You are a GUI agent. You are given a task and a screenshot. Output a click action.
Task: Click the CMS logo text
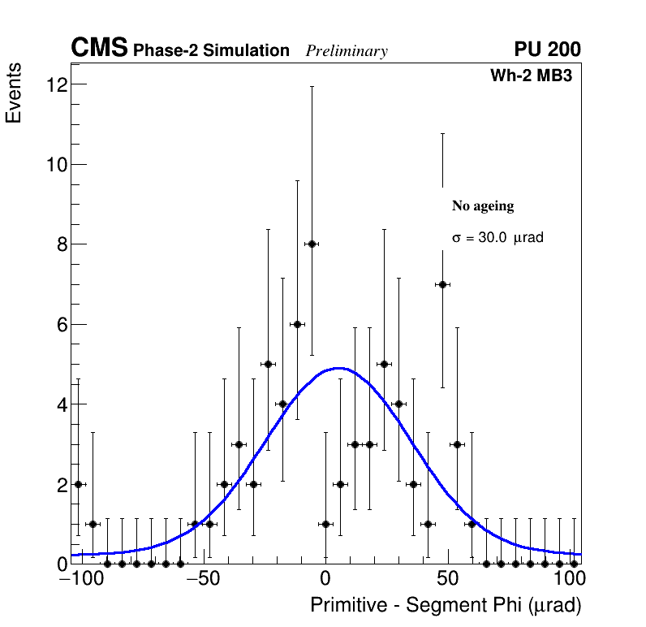99,49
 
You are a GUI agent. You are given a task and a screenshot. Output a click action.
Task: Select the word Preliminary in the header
347,51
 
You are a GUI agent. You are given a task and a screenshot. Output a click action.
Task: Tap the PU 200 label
547,50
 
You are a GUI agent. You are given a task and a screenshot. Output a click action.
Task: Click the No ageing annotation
483,206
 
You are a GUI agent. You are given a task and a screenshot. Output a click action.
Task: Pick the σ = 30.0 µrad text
497,238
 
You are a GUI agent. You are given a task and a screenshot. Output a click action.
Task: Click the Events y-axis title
14,93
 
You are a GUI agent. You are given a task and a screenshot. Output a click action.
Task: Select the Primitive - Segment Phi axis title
446,605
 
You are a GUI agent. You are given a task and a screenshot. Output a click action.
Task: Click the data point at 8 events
312,244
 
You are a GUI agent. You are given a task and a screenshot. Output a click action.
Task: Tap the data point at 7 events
442,284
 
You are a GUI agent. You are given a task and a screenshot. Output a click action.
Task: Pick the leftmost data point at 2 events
78,484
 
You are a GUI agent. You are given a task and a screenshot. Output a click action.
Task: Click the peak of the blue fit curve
338,368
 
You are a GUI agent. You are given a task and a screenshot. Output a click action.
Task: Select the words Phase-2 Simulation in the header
211,51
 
